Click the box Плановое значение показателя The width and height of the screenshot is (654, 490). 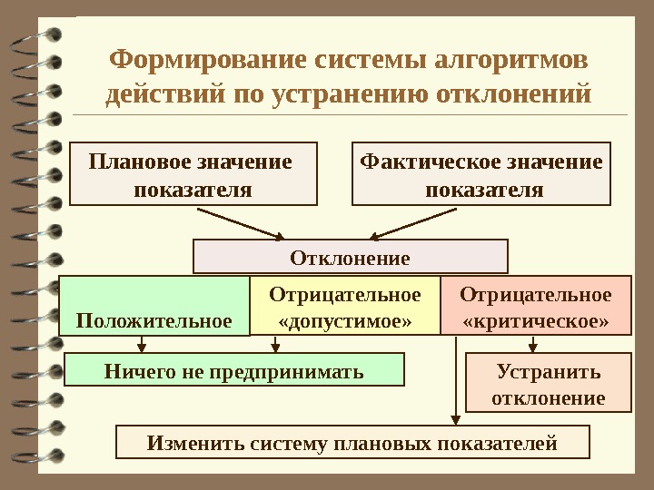[193, 174]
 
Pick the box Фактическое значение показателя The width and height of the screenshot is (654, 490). [481, 174]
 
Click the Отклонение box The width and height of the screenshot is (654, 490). [350, 257]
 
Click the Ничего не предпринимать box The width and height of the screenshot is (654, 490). [234, 371]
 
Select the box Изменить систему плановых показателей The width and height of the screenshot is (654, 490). [352, 443]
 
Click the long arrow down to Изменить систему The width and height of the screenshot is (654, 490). [455, 381]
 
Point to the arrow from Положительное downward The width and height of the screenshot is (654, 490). [143, 345]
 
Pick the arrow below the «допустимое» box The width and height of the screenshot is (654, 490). [277, 345]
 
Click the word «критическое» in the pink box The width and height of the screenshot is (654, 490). [535, 321]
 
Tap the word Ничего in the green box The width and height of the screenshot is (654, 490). [133, 371]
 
